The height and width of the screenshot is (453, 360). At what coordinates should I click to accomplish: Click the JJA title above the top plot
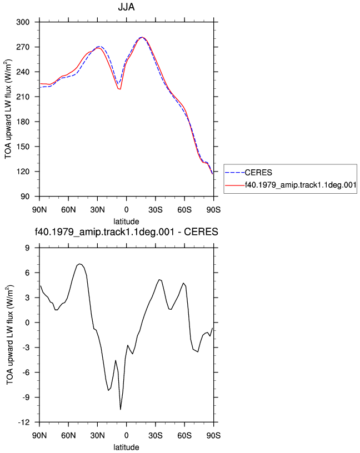click(126, 7)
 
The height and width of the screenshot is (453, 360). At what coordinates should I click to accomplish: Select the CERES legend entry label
click(258, 173)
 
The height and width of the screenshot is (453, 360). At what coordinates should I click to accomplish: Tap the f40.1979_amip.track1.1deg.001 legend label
click(301, 185)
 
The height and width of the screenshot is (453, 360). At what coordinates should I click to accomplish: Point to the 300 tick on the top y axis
click(23, 22)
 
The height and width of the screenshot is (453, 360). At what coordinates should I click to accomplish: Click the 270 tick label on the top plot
click(23, 47)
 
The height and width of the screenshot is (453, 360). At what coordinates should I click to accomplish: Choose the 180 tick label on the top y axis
click(23, 122)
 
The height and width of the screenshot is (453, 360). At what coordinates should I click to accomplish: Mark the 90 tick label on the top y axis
click(25, 197)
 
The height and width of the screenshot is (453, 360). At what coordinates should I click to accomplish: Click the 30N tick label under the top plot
click(97, 209)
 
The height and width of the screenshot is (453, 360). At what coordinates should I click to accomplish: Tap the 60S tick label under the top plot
click(184, 209)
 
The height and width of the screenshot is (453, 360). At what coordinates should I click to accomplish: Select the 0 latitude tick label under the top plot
click(126, 209)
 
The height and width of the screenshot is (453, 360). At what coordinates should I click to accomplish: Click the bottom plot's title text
click(126, 231)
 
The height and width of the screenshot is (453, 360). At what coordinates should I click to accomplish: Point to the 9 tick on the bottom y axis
click(27, 248)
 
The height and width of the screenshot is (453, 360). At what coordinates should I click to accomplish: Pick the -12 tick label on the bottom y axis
click(24, 422)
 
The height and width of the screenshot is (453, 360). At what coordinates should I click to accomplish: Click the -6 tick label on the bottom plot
click(26, 373)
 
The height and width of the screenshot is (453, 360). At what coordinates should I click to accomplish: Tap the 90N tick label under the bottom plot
click(39, 435)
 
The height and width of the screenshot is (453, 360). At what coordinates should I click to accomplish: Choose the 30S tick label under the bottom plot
click(156, 435)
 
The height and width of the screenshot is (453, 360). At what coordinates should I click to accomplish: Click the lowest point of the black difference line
click(121, 409)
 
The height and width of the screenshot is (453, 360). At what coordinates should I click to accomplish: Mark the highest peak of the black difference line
click(79, 264)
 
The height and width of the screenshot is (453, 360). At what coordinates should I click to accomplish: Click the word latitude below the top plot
click(126, 222)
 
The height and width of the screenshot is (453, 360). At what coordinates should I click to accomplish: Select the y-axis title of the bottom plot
click(10, 335)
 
